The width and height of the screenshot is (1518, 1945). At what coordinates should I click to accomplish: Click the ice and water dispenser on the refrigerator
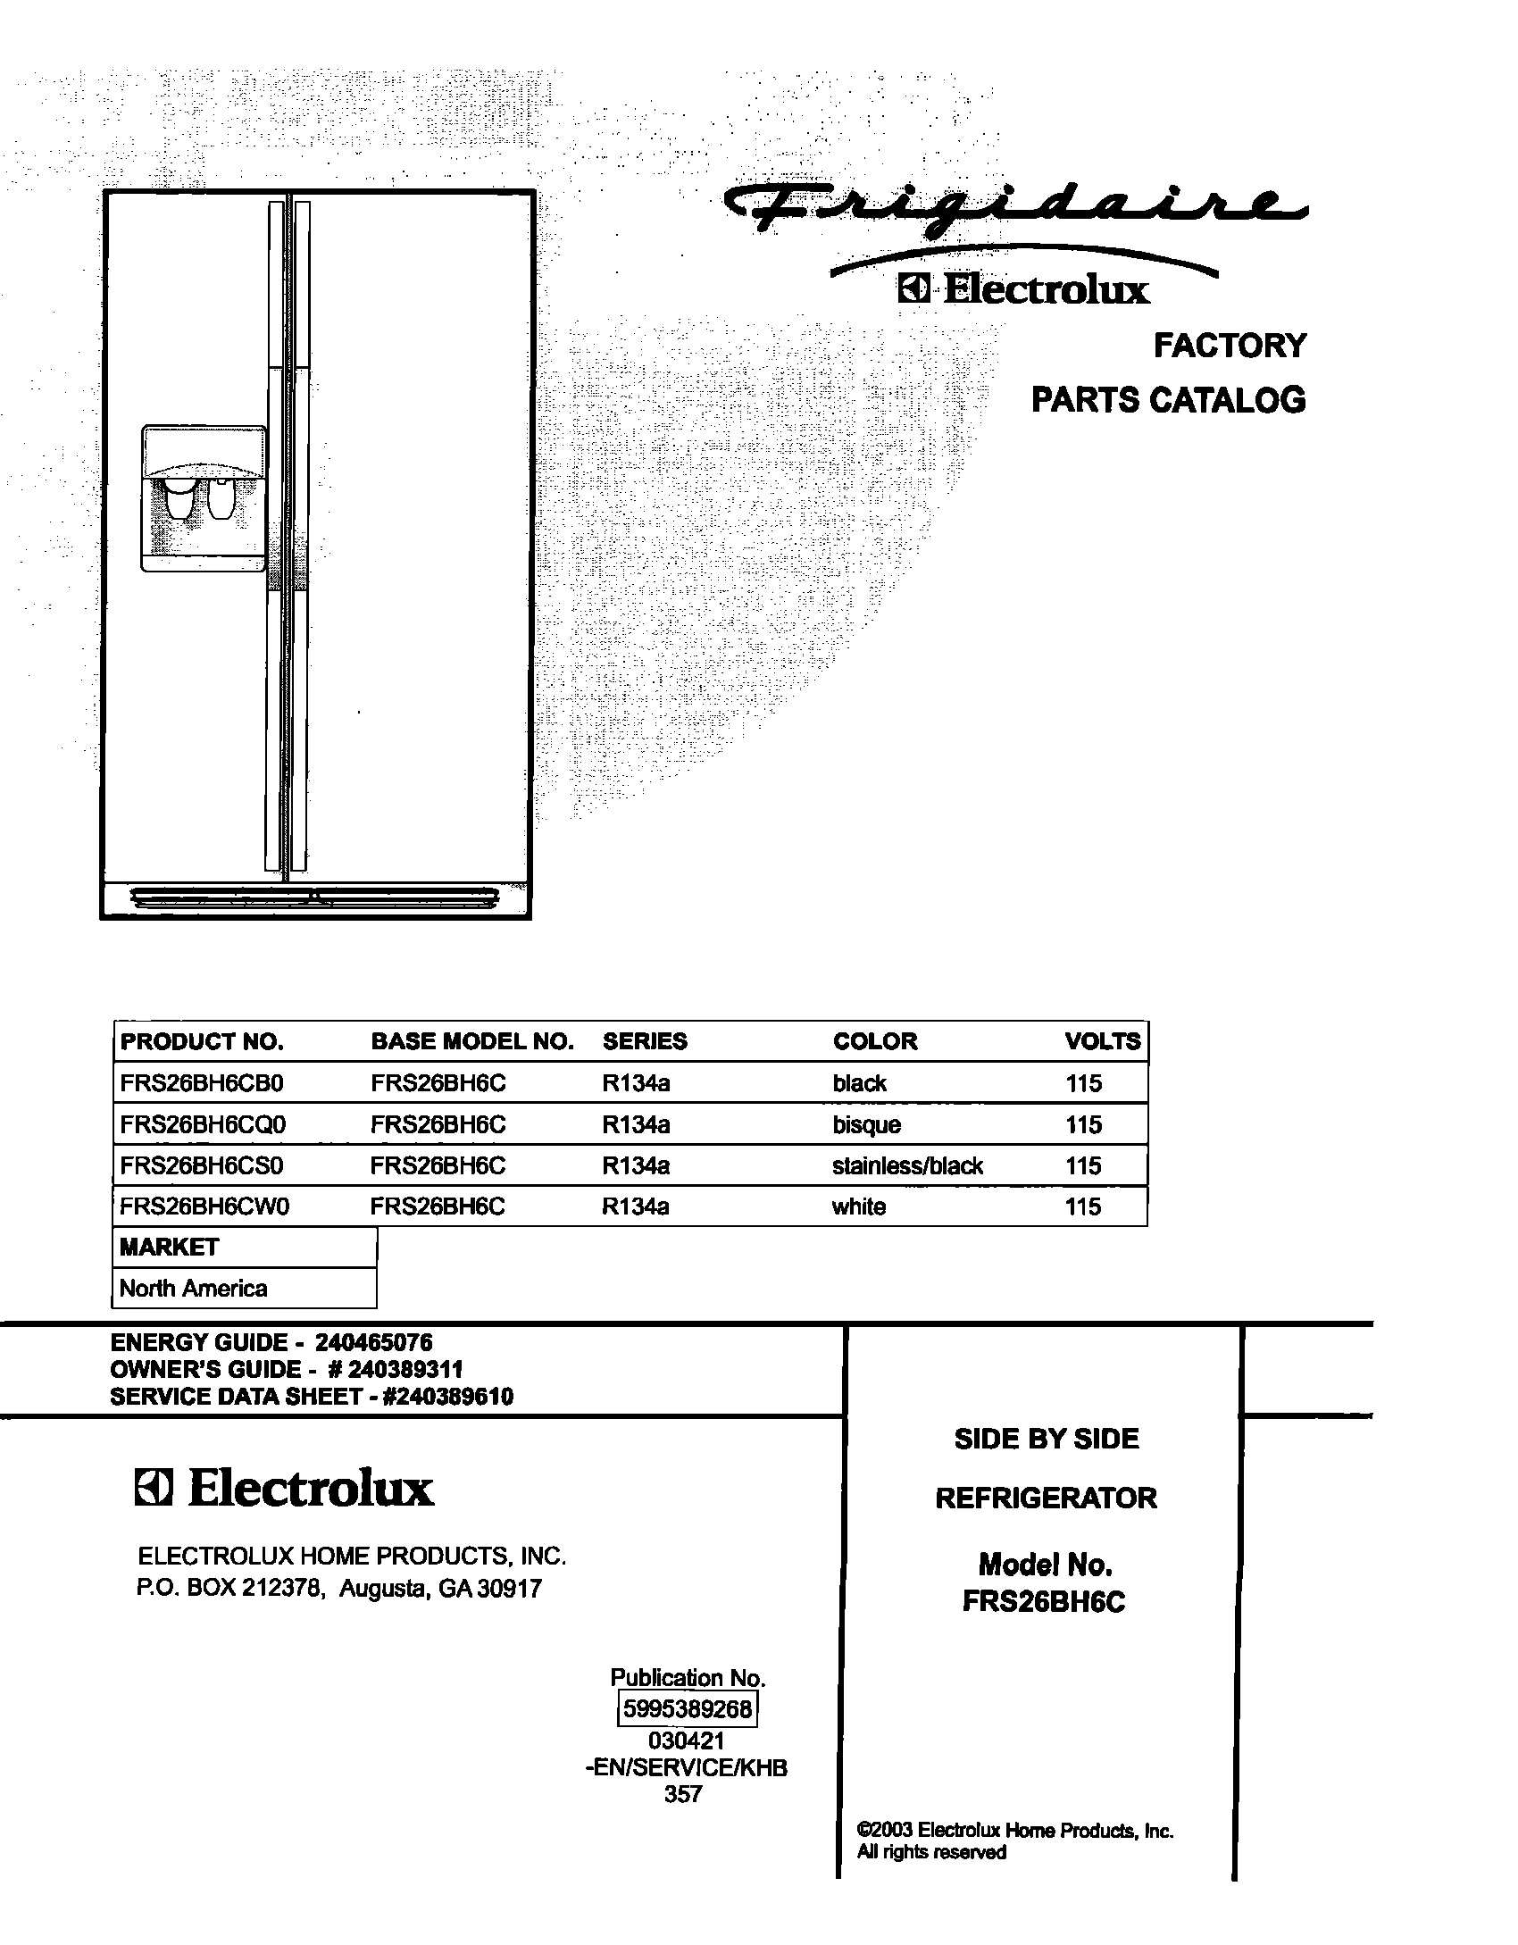[203, 497]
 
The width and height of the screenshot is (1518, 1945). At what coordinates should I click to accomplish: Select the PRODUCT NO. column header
[202, 1041]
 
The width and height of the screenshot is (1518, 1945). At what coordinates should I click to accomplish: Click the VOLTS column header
[1102, 1041]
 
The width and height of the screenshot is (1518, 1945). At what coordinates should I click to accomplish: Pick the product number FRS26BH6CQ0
[203, 1124]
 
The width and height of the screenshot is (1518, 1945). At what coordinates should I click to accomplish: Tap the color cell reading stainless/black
[907, 1165]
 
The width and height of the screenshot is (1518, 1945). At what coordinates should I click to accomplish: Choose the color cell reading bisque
[866, 1124]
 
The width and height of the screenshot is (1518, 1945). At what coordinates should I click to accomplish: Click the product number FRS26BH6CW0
[204, 1206]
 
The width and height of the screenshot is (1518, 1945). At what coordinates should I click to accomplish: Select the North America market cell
[193, 1288]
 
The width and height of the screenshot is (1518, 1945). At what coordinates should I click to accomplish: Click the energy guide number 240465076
[373, 1342]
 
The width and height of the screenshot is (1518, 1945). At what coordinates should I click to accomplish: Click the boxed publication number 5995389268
[688, 1709]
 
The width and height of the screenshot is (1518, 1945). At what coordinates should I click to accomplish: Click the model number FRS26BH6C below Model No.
[1044, 1602]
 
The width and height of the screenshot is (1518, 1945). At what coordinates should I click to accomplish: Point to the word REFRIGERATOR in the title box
[1046, 1498]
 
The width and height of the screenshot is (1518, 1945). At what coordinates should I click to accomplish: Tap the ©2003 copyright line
[1014, 1831]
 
